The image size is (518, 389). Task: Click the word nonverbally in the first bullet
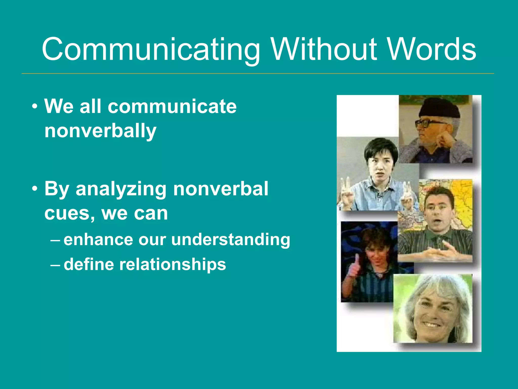tap(100, 131)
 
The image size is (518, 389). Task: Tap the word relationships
tap(172, 264)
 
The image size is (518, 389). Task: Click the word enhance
tap(98, 240)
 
